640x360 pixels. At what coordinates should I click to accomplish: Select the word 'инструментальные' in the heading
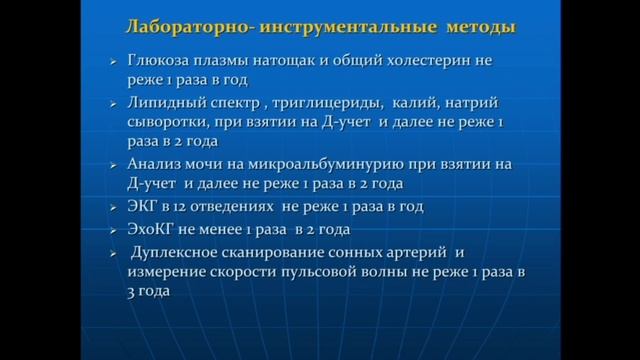click(x=334, y=26)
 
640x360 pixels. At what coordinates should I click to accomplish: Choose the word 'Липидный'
click(x=166, y=102)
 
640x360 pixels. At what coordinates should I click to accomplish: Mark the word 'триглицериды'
click(x=334, y=102)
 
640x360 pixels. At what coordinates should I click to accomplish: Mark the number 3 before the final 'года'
click(x=132, y=291)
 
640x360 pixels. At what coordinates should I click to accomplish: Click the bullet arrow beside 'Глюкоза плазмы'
click(x=113, y=62)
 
